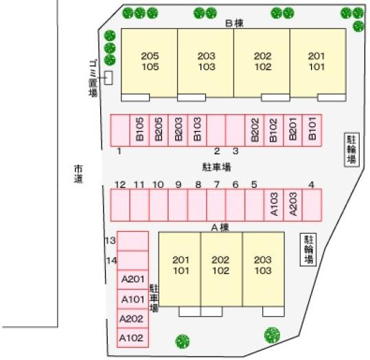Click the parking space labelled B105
[x=139, y=130]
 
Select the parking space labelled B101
[x=312, y=130]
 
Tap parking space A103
[x=273, y=205]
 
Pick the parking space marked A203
[x=292, y=205]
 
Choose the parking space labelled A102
[x=133, y=337]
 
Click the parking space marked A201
[x=133, y=280]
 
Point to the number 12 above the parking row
[x=120, y=184]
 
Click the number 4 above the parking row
[x=312, y=184]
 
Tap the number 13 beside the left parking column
[x=111, y=241]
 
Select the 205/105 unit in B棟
[x=150, y=63]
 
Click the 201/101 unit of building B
[x=318, y=63]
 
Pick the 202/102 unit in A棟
[x=221, y=269]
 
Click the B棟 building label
[x=234, y=23]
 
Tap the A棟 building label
[x=220, y=228]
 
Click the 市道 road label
[x=78, y=174]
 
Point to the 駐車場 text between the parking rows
[x=217, y=167]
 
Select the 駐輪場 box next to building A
[x=308, y=250]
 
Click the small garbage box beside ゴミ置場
[x=108, y=77]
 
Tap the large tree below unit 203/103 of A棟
[x=272, y=335]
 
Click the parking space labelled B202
[x=255, y=130]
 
